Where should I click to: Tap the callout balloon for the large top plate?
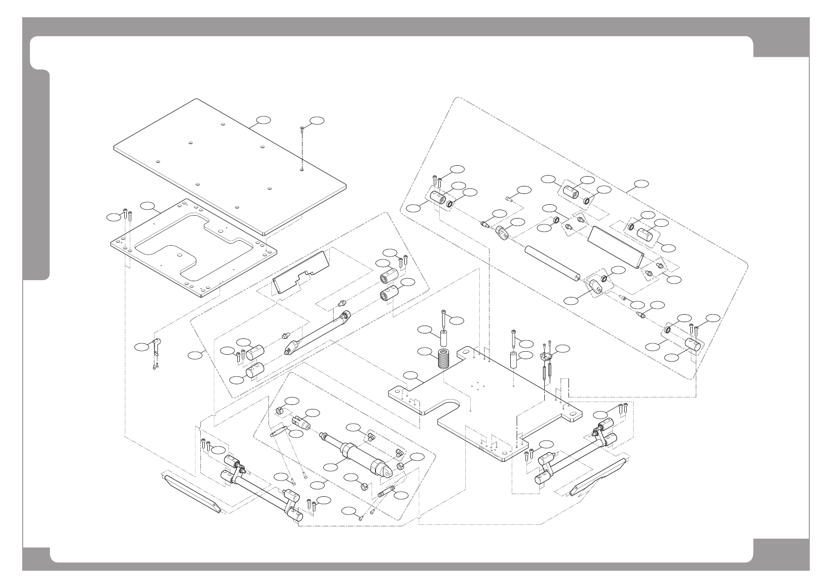tap(264, 120)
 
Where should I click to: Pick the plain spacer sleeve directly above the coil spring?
tap(443, 340)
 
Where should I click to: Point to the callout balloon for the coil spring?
tap(424, 352)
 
